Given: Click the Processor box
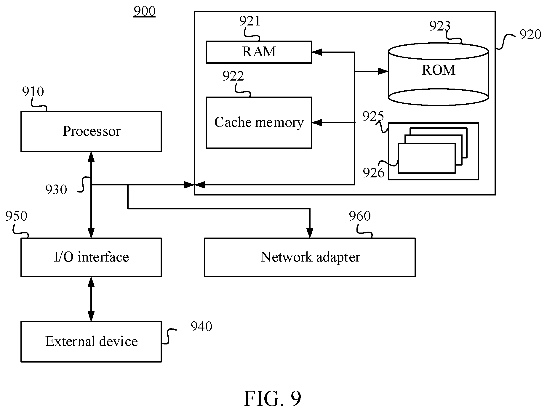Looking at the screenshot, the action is [91, 131].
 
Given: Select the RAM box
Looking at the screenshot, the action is [259, 52].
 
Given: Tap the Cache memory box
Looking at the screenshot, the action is [259, 122].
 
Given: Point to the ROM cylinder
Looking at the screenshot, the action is [438, 74].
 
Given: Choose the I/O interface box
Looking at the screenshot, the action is [91, 257].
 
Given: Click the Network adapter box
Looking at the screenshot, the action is [310, 257].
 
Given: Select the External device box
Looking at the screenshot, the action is [91, 342].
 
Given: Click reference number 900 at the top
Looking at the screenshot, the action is [144, 11].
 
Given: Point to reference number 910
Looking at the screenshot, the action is [33, 92].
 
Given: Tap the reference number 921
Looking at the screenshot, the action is [250, 21].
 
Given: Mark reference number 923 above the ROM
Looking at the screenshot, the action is [440, 26].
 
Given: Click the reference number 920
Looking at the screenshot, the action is [530, 35].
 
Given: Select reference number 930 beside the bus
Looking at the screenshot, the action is [56, 190].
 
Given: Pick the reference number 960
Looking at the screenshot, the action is [360, 216].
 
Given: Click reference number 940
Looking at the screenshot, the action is [201, 326].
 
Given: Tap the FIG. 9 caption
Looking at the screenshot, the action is [272, 399].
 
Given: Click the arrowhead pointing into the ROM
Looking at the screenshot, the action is [384, 71].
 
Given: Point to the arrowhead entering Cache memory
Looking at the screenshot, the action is [317, 123].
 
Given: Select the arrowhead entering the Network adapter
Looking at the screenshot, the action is [310, 233].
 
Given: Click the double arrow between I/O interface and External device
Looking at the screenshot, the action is [91, 299].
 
